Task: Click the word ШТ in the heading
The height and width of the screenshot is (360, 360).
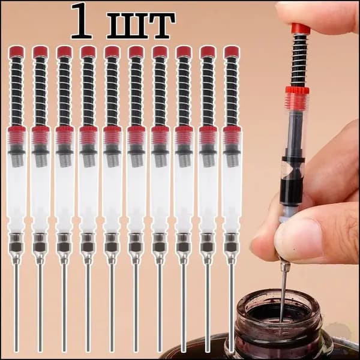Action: pos(141,25)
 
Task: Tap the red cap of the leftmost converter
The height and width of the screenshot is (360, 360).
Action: pos(17,52)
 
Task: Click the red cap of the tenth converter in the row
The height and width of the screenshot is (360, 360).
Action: pos(232,52)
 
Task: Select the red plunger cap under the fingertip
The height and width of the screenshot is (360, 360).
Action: pos(301,28)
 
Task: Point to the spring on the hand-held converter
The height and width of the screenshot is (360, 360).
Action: pos(299,59)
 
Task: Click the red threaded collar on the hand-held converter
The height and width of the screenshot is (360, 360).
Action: pos(297,97)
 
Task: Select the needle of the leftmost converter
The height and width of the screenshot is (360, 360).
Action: pos(16,308)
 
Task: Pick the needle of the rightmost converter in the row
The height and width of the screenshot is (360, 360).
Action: pos(232,308)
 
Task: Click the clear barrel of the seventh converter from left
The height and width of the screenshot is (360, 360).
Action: pos(160,191)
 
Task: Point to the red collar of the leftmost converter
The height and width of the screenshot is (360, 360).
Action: pos(17,136)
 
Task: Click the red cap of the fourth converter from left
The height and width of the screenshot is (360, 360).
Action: pos(88,52)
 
